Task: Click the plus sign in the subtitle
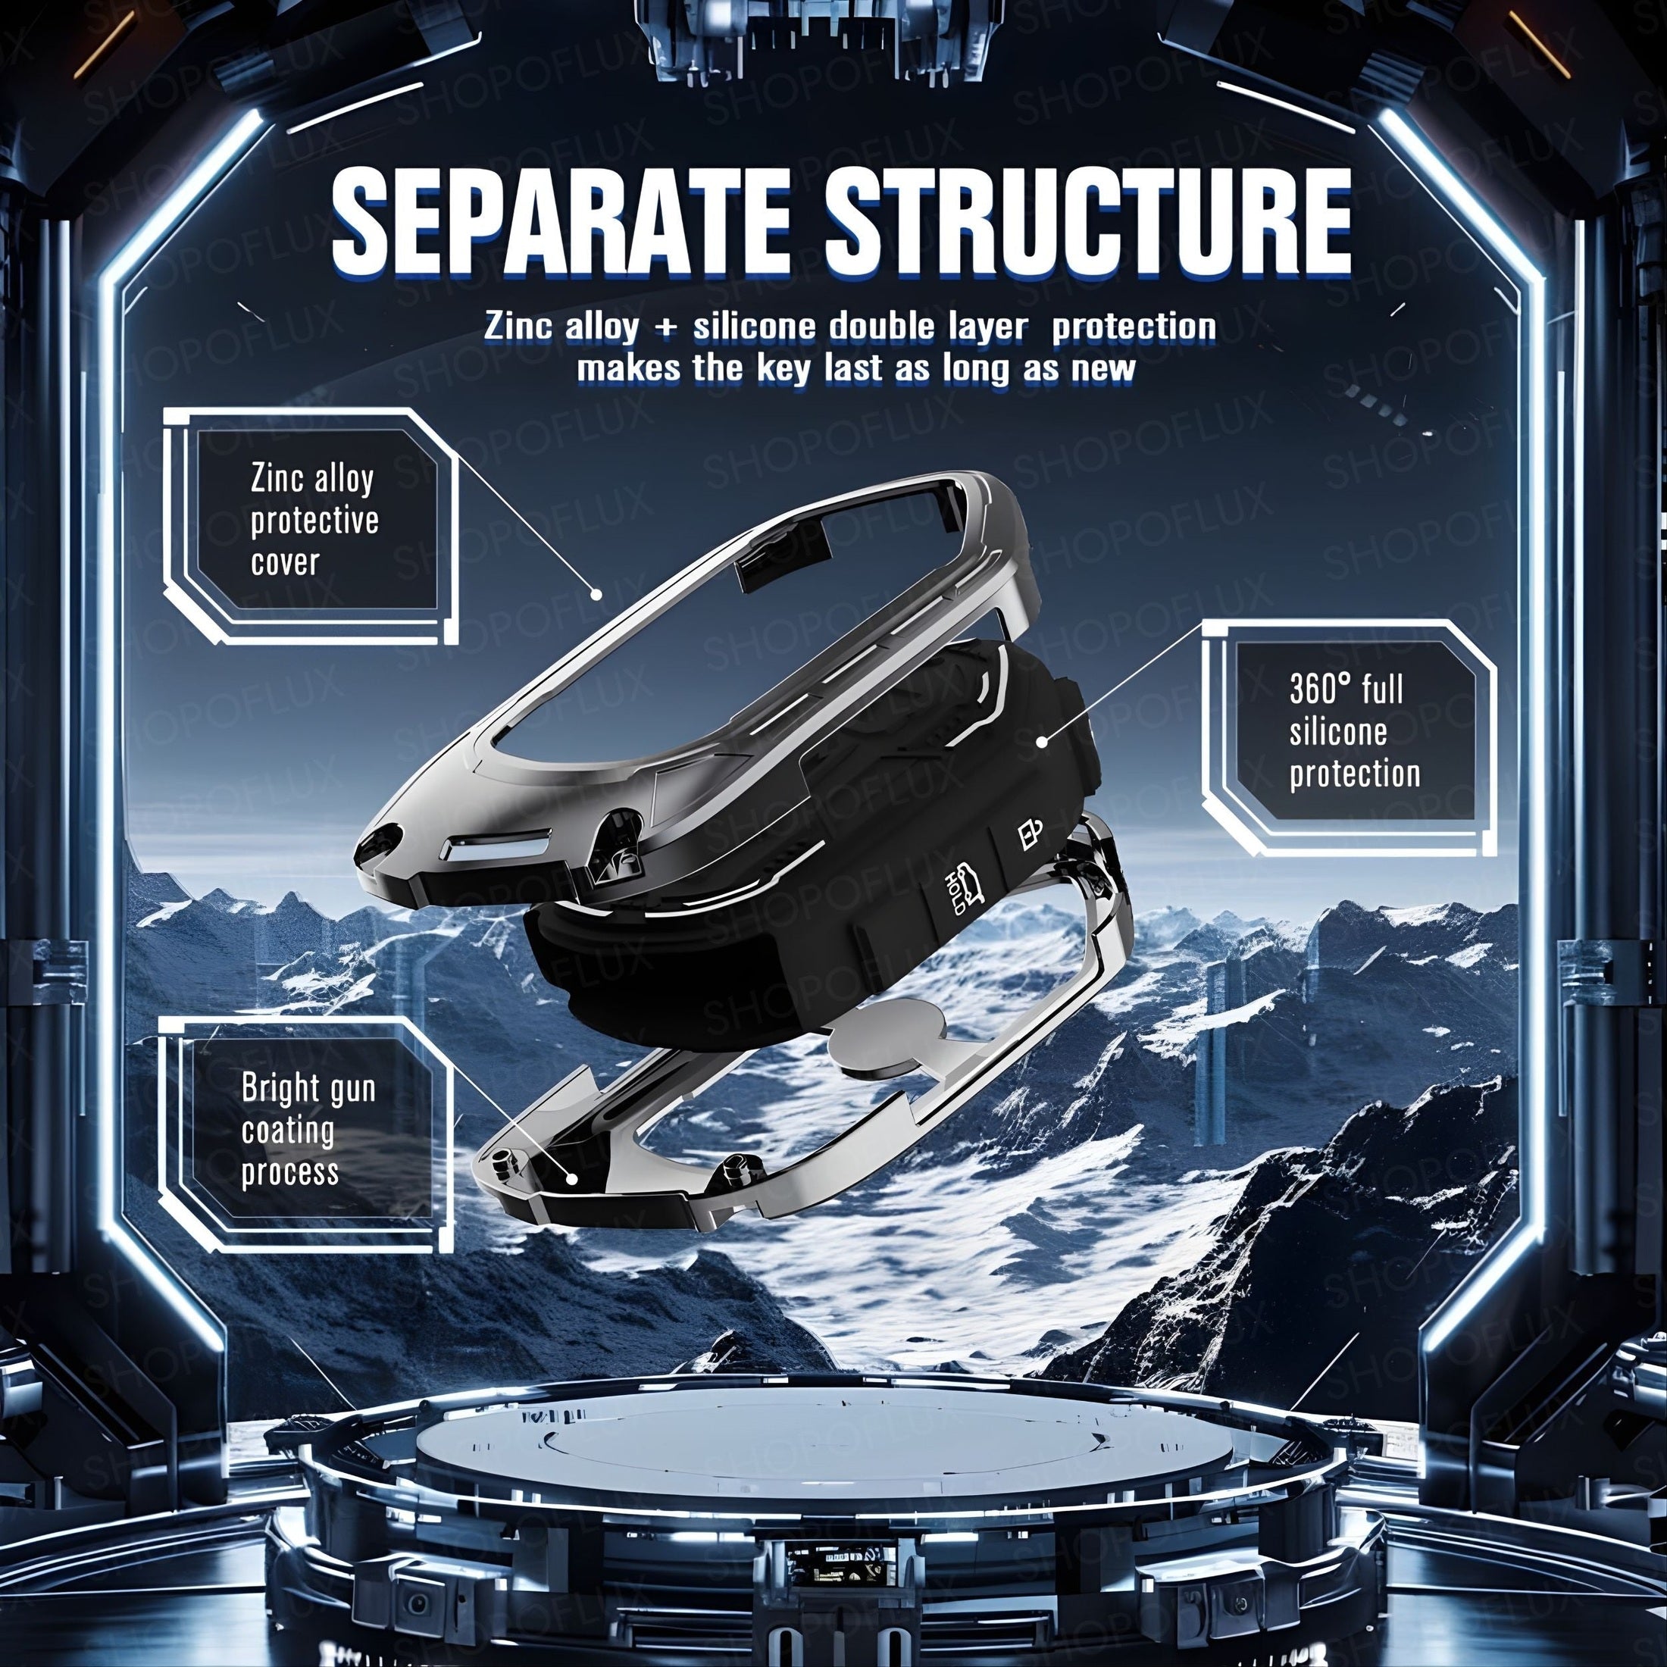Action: (x=665, y=328)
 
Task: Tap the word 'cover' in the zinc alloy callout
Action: (x=286, y=562)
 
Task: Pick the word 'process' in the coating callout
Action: (x=290, y=1173)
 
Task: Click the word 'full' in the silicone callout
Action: (x=1382, y=690)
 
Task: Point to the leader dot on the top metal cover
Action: (x=596, y=593)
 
